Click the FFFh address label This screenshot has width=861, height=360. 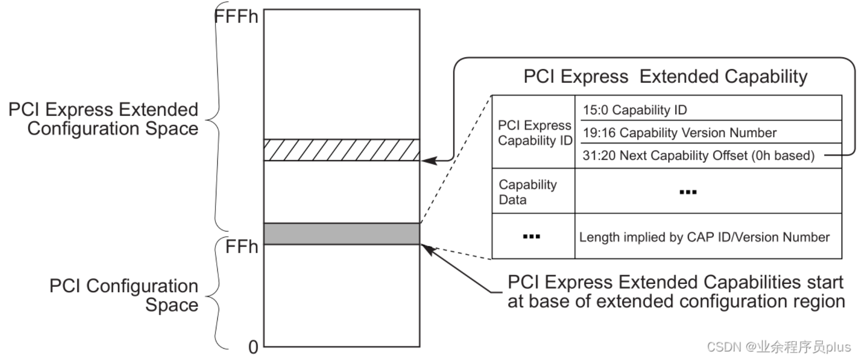pos(236,17)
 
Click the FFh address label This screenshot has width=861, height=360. pos(241,247)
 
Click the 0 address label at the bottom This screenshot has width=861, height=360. pos(253,348)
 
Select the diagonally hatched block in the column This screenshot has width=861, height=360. pos(342,150)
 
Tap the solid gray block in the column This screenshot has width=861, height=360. pos(342,234)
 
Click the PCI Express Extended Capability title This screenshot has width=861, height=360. pos(665,76)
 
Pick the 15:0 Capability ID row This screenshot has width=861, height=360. pos(635,110)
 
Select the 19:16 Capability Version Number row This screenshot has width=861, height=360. pos(679,133)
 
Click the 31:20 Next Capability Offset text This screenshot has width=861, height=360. pos(698,156)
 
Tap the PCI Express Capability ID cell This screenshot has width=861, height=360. pos(534,133)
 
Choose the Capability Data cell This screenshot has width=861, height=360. pos(528,192)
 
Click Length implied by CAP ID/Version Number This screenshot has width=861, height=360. pos(704,237)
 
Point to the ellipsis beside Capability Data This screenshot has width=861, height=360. pos(688,192)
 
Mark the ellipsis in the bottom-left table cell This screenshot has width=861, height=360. pos(531,237)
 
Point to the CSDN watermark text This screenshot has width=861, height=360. pos(778,347)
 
